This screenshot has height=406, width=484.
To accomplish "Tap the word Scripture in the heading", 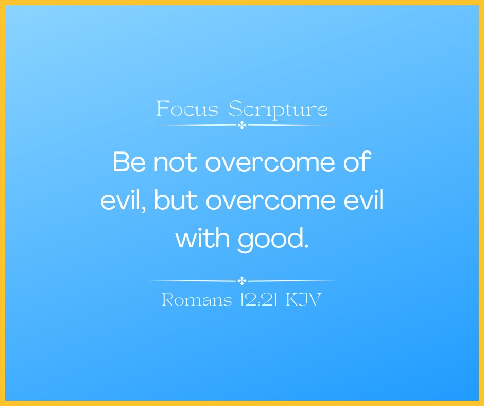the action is coord(278,110).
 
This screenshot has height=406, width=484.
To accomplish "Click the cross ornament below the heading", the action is coord(242,125).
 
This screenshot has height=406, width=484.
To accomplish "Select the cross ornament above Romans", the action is coord(242,281).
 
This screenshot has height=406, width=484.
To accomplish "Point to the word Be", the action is coord(129,162).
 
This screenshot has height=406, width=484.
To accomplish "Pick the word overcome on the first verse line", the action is coord(270,163).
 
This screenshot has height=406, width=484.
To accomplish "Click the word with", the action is coord(202,238).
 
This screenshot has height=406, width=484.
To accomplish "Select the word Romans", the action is coord(197,300).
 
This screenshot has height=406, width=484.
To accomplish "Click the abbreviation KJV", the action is coord(304,300).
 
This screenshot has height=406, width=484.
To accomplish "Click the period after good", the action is coord(306,246).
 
